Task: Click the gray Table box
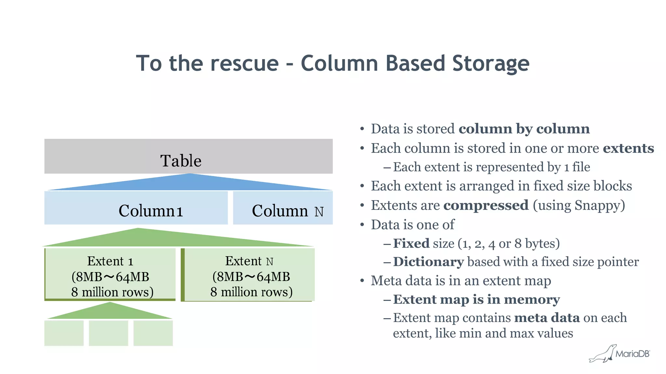[188, 156]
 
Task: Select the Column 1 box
[136, 208]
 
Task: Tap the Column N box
[283, 208]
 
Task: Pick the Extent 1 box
[110, 274]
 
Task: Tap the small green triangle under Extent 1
[110, 312]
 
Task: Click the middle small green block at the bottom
[108, 333]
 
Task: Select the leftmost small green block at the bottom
[64, 333]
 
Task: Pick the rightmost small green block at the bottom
[153, 333]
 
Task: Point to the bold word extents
[628, 148]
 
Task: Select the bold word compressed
[486, 206]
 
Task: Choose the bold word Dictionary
[428, 262]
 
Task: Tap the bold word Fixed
[411, 243]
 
